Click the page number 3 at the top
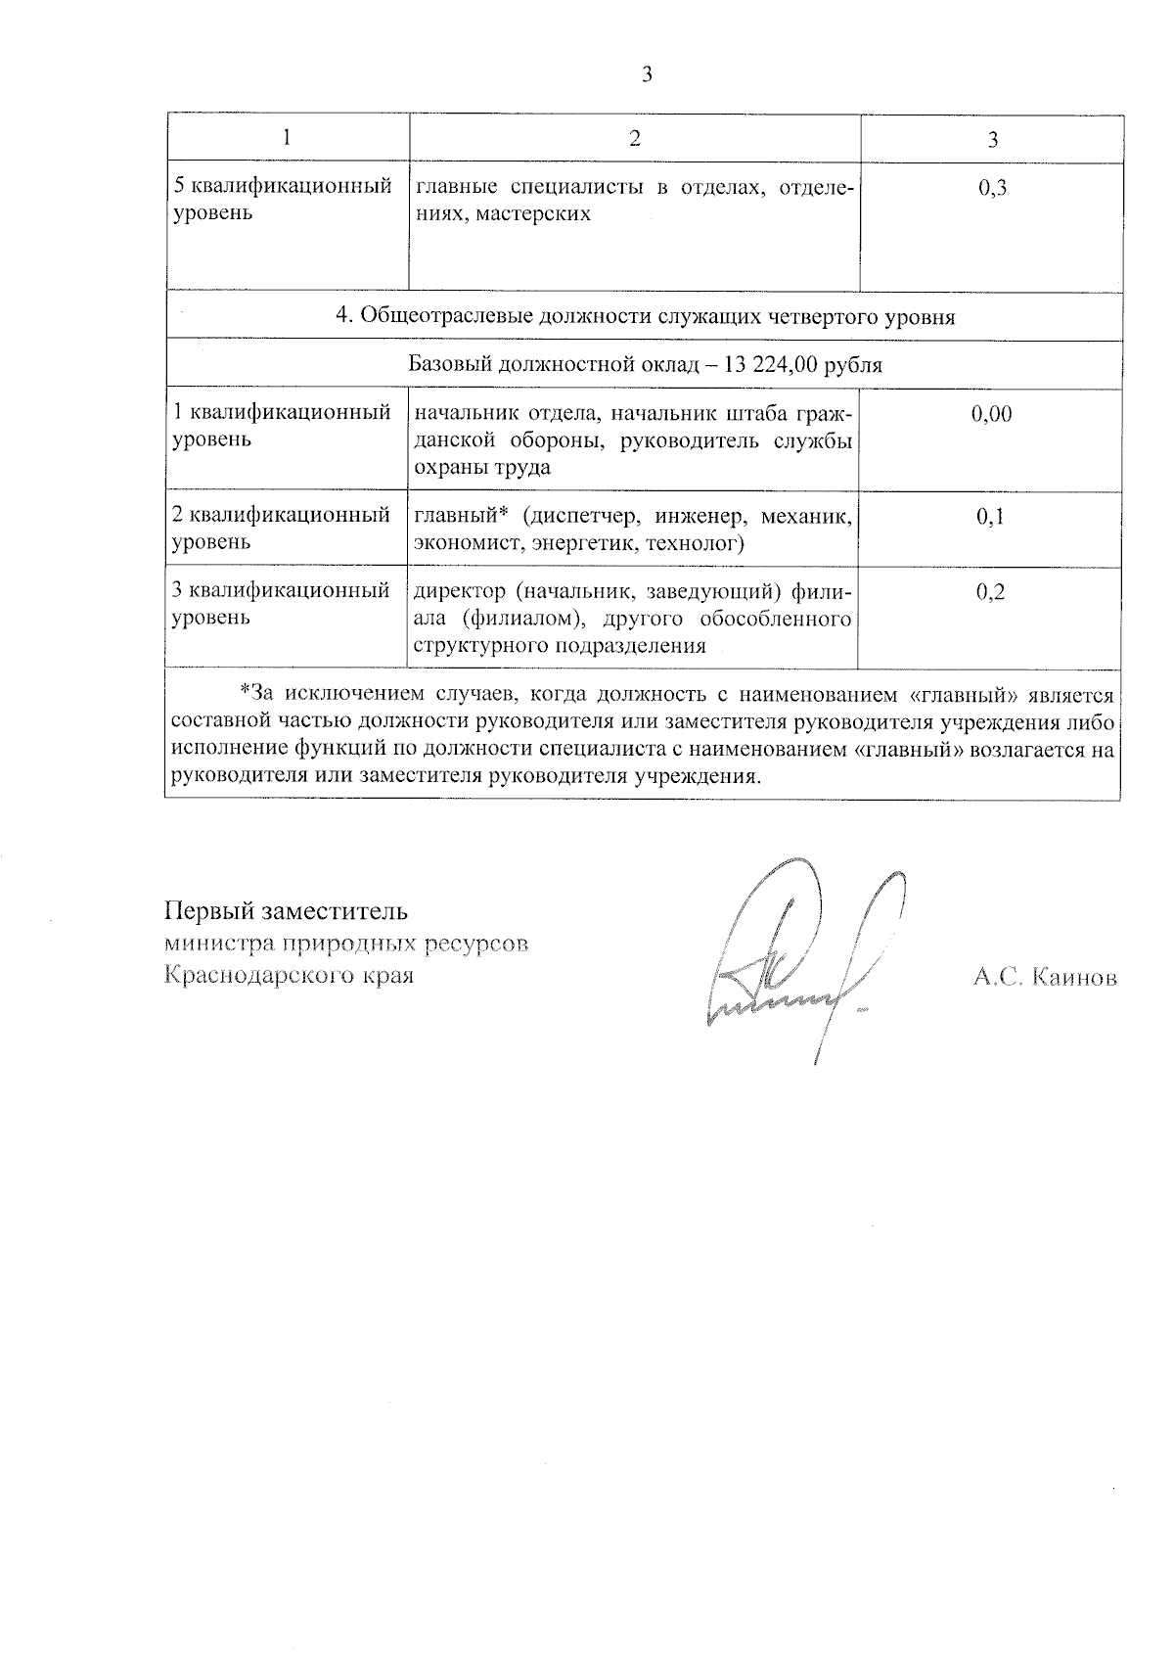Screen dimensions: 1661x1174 coord(646,74)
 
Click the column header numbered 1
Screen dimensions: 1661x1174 coord(287,138)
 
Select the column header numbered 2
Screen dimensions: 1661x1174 coord(635,138)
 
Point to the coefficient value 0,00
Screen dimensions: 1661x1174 coord(991,414)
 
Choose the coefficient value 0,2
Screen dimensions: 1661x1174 coord(991,592)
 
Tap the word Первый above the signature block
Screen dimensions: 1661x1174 coord(206,911)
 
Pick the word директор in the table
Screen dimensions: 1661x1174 coord(460,592)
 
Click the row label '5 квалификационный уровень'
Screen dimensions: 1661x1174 coord(283,200)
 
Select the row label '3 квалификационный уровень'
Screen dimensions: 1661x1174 coord(282,604)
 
